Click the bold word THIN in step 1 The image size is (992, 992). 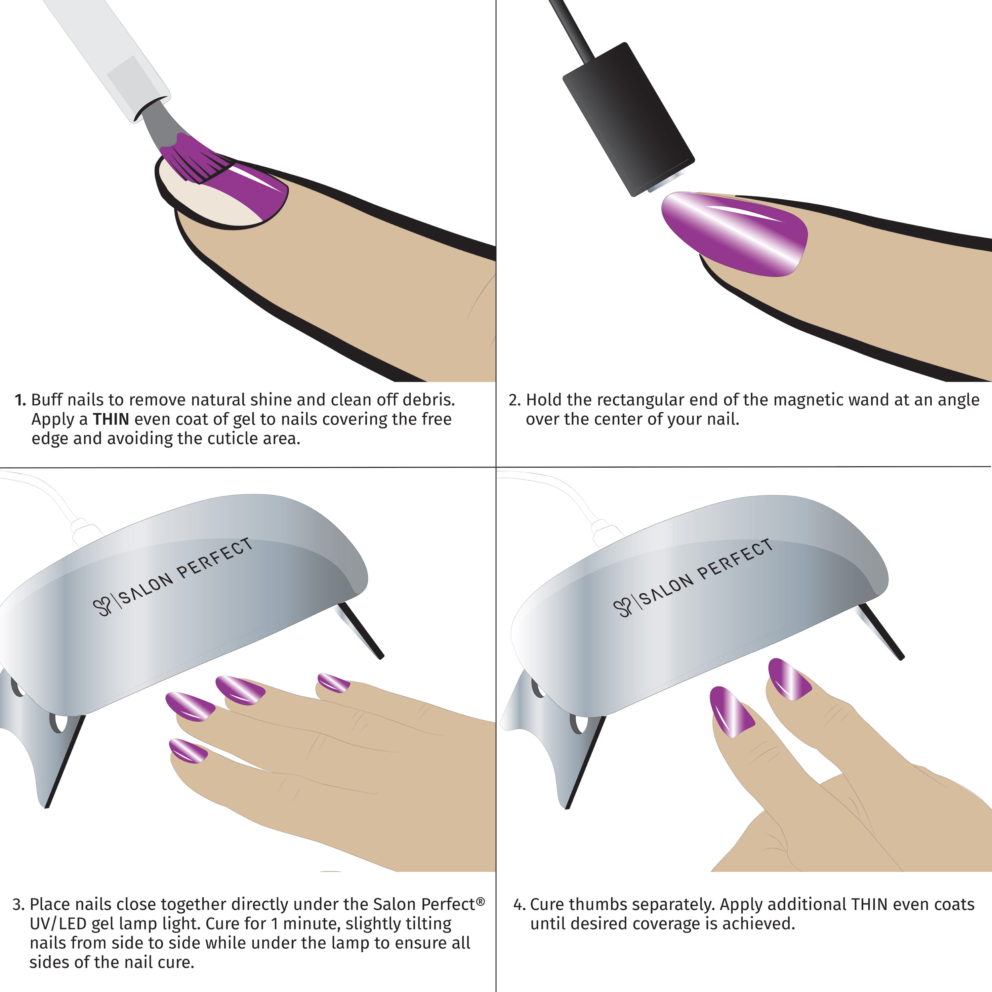tap(111, 420)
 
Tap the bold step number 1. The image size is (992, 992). tap(20, 400)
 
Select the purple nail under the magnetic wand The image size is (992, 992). tap(734, 234)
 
